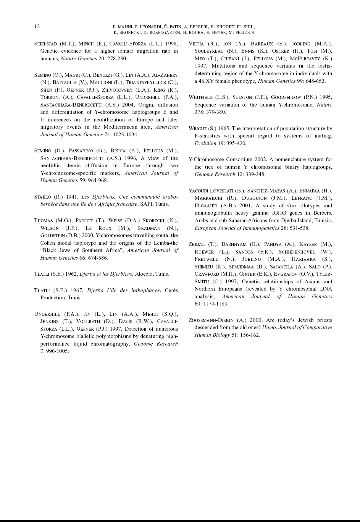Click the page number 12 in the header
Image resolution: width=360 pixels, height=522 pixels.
click(x=37, y=27)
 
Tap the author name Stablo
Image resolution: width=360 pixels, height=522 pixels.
click(x=42, y=197)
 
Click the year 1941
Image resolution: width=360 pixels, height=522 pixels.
click(x=72, y=197)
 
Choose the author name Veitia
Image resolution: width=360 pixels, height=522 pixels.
click(x=196, y=44)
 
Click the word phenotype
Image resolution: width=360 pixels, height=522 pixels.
click(x=242, y=81)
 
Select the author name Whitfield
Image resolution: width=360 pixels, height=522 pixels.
click(x=200, y=97)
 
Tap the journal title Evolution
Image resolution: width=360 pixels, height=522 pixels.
click(x=205, y=144)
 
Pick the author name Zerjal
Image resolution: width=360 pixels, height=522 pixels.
click(x=197, y=244)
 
